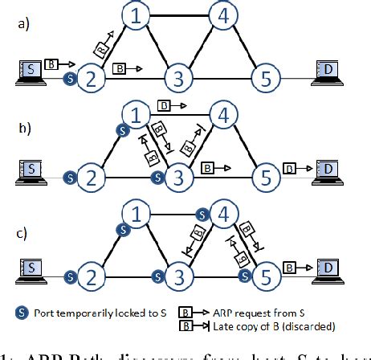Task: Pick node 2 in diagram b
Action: pos(92,176)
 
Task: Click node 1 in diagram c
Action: pos(138,215)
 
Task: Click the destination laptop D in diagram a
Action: pos(328,71)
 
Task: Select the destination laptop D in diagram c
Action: pos(328,268)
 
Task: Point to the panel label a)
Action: pos(23,24)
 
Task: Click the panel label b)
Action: pos(23,126)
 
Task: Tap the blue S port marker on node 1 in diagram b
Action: pos(123,129)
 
